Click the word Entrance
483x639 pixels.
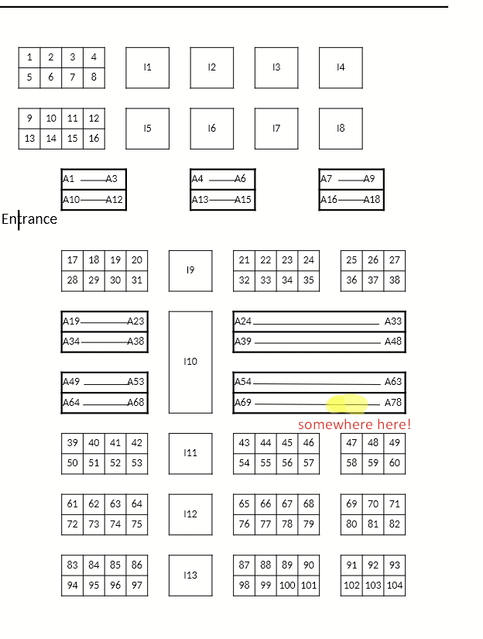click(29, 219)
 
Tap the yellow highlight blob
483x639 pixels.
click(348, 404)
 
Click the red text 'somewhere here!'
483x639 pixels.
click(355, 424)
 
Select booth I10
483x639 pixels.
click(190, 362)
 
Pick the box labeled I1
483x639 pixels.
click(147, 67)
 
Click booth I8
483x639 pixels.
click(341, 129)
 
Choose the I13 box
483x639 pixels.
click(190, 575)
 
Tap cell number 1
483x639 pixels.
click(29, 57)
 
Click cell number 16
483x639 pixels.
click(94, 139)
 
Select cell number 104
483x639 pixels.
click(395, 586)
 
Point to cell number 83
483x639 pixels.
click(73, 565)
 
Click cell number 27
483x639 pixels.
click(395, 260)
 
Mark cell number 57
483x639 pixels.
click(309, 463)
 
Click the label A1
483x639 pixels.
click(69, 179)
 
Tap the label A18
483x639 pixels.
click(372, 200)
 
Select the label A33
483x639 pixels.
click(393, 321)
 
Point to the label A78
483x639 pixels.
click(393, 403)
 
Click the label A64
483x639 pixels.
click(71, 403)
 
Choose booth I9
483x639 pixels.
click(190, 270)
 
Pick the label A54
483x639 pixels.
click(243, 382)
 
